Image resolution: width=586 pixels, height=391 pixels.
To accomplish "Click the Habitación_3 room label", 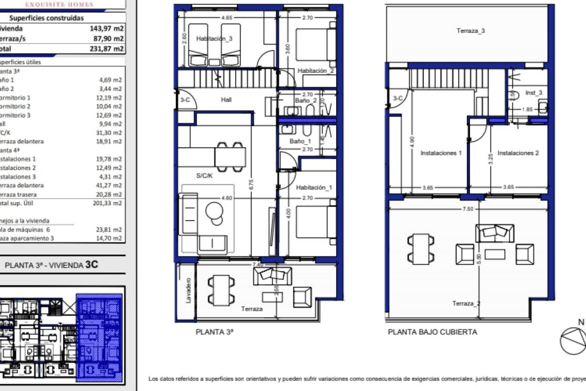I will (214, 38).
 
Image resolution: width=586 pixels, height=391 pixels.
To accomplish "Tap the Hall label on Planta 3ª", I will (226, 100).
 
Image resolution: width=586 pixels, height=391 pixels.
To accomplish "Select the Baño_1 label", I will (300, 141).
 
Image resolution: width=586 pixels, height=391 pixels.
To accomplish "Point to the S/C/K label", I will (204, 176).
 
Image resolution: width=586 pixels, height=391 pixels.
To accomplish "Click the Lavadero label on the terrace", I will (188, 290).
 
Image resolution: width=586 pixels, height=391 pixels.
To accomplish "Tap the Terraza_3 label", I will (471, 31).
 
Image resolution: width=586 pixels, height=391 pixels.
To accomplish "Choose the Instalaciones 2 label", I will (518, 153).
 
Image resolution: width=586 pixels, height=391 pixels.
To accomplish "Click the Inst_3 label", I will (534, 93).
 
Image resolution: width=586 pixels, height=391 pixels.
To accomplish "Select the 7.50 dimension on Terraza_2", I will (468, 209).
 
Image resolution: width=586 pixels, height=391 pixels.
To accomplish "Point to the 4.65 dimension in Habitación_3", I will (227, 18).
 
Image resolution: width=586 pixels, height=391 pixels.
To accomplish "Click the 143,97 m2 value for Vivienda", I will (107, 28).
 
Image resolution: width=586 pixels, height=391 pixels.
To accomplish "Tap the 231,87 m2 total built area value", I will (107, 49).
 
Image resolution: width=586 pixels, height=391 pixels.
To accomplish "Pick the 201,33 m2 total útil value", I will (107, 203).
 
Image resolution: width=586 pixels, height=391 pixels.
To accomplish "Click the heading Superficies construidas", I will (46, 18).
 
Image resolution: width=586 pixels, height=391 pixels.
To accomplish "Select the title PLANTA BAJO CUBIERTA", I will (432, 332).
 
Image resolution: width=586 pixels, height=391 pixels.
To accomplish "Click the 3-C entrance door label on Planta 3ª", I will (185, 100).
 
